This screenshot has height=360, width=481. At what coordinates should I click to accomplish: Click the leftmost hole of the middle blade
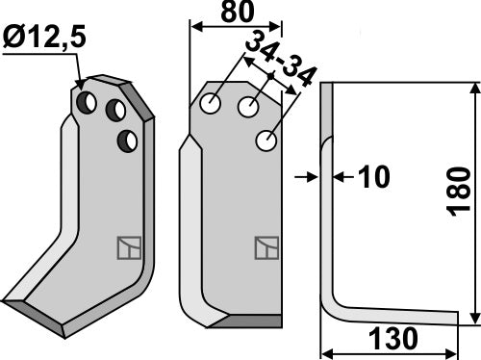[214, 101]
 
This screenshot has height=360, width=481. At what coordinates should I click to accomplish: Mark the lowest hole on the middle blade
[266, 141]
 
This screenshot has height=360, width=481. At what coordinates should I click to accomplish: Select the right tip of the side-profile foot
[453, 319]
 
